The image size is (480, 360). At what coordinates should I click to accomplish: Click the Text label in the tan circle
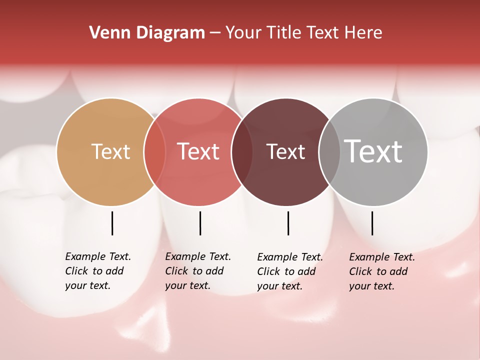tap(110, 151)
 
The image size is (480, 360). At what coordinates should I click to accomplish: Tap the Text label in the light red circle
tap(198, 151)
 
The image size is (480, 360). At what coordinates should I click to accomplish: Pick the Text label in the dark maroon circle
tap(285, 151)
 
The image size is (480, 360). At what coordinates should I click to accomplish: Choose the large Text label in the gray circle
tap(373, 151)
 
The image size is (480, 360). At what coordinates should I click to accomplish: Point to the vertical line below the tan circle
tap(112, 223)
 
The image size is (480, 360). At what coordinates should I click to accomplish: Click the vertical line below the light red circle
tap(200, 223)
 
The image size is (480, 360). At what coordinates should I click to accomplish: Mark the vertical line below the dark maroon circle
tap(288, 223)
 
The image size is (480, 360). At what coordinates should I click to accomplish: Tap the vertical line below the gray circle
tap(372, 223)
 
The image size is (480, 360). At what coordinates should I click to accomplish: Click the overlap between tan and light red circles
tap(155, 152)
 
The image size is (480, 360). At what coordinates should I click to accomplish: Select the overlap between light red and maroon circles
tap(243, 152)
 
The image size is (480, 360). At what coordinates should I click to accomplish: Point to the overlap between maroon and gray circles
tap(329, 152)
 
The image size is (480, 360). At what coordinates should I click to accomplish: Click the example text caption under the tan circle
tap(98, 271)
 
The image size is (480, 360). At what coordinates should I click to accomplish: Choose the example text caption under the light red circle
tap(198, 271)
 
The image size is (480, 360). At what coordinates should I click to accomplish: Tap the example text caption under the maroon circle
tap(290, 271)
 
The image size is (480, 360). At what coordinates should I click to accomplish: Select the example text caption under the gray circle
tap(382, 271)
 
